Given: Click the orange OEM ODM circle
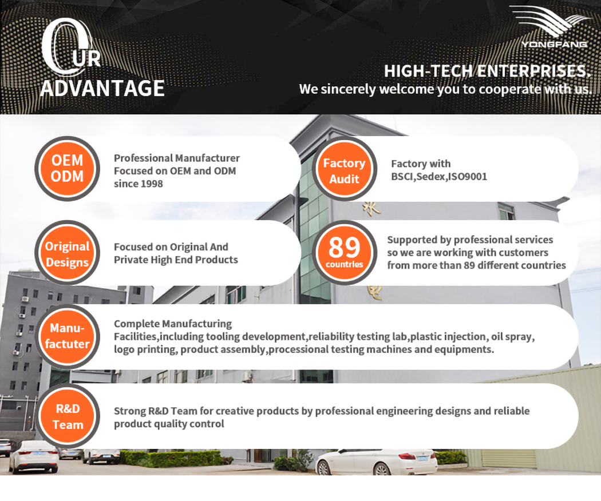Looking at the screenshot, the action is tap(67, 169).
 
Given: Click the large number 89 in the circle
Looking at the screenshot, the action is tap(344, 247).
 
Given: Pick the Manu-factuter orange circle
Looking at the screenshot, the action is tap(67, 337).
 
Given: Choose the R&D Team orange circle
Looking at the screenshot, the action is tap(67, 416).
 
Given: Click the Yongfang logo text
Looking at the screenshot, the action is tap(554, 45).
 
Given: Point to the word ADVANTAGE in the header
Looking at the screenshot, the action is tap(102, 88).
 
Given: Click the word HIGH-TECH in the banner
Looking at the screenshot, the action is tap(429, 71).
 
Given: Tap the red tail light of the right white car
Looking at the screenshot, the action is tap(407, 456).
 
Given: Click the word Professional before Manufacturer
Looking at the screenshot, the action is tap(143, 158).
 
